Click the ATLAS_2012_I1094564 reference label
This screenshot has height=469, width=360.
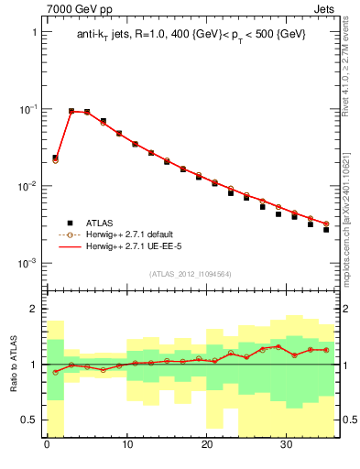[x=191, y=273]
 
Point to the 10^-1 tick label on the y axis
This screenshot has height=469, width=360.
[x=27, y=109]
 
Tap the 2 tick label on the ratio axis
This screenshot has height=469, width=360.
[x=34, y=309]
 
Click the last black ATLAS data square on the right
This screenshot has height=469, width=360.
[x=326, y=229]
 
